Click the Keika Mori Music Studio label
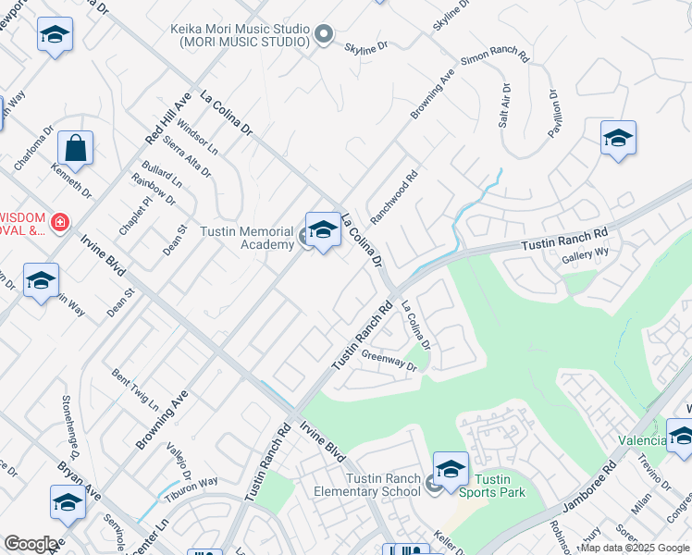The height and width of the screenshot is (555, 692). click(239, 35)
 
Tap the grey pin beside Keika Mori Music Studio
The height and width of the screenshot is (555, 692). click(323, 35)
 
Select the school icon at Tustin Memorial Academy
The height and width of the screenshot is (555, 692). click(323, 231)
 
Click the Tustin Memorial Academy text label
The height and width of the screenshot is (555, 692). click(241, 237)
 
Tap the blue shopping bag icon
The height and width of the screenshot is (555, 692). click(75, 149)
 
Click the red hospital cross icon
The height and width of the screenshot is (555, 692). click(59, 223)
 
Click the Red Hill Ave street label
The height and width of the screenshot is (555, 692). click(167, 117)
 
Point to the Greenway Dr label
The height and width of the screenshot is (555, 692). click(389, 360)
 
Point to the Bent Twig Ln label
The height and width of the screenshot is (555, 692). click(135, 388)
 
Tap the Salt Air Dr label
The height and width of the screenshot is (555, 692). click(505, 105)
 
